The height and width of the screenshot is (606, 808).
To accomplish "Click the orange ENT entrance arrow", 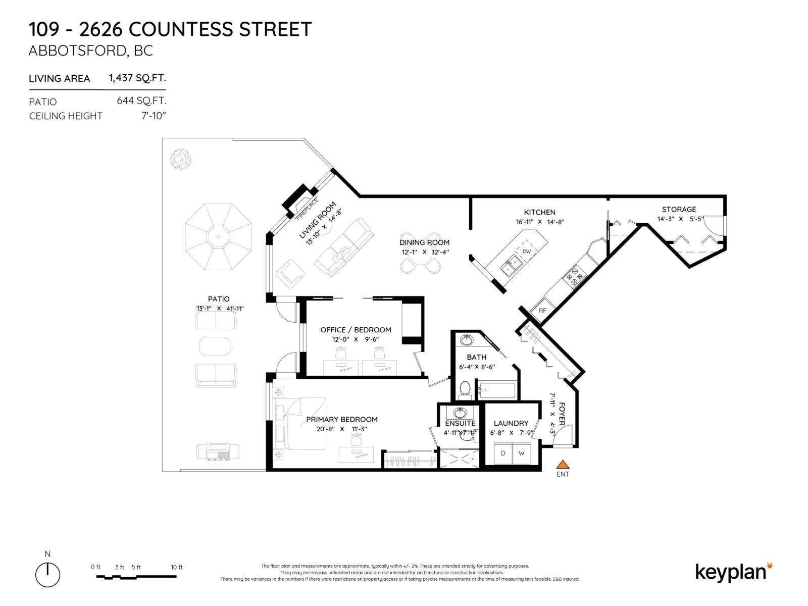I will pyautogui.click(x=563, y=465).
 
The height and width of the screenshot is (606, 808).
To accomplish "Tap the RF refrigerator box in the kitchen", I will pyautogui.click(x=542, y=310).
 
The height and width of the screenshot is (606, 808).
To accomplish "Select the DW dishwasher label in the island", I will pyautogui.click(x=527, y=251).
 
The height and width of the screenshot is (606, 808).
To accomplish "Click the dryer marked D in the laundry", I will pyautogui.click(x=503, y=453).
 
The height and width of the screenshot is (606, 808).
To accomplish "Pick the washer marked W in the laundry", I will pyautogui.click(x=522, y=453).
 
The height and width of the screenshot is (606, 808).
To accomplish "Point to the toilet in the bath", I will pyautogui.click(x=465, y=389).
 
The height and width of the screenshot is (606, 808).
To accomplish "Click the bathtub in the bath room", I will pyautogui.click(x=497, y=390).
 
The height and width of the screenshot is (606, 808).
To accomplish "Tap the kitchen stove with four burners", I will pyautogui.click(x=575, y=276).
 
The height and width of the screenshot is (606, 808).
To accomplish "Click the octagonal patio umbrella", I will pyautogui.click(x=218, y=236).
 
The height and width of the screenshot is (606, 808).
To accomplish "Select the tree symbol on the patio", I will pyautogui.click(x=181, y=159).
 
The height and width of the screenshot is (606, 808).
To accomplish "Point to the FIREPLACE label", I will pyautogui.click(x=307, y=209).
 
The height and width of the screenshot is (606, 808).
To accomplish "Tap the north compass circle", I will pyautogui.click(x=47, y=575).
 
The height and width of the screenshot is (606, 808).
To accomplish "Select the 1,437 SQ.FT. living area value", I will pyautogui.click(x=137, y=78).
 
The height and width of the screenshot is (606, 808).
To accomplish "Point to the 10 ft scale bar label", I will pyautogui.click(x=176, y=567).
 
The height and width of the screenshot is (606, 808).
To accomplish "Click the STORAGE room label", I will pyautogui.click(x=679, y=209).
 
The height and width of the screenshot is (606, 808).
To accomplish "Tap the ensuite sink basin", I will pyautogui.click(x=460, y=412).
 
